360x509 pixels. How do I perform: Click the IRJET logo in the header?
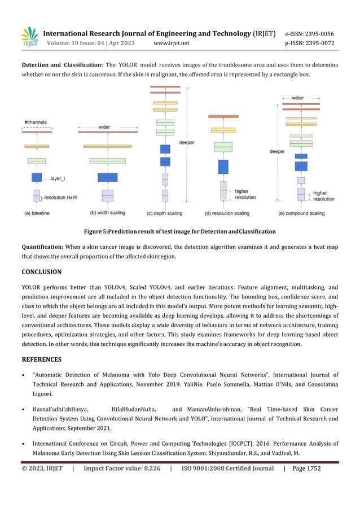tap(30, 37)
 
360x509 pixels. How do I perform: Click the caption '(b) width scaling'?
tap(107, 213)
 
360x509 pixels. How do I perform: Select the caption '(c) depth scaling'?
tap(164, 213)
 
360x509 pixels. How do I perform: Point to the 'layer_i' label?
tap(58, 178)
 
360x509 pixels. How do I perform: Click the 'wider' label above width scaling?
tap(104, 127)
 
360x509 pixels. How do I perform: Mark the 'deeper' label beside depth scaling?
tap(187, 143)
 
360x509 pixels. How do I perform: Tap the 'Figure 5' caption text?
tap(179, 231)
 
